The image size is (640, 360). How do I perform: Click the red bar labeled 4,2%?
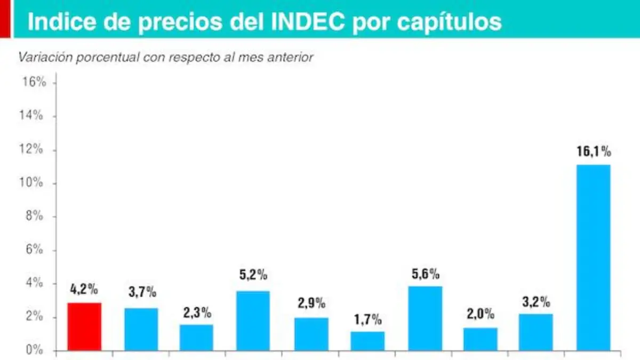(85, 326)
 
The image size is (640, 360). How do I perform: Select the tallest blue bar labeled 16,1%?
(594, 258)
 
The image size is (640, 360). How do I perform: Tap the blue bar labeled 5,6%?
(425, 318)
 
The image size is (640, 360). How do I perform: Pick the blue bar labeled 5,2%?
(253, 321)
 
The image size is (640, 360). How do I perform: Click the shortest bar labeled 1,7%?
(367, 341)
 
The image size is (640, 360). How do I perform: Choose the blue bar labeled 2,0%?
(481, 339)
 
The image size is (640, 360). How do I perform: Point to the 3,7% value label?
(142, 292)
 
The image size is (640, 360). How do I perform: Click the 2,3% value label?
(197, 313)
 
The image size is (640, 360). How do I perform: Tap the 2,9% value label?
(311, 303)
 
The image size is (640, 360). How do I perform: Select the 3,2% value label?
(536, 302)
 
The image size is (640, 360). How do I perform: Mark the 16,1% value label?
(594, 151)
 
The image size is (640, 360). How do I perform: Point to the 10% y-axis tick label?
(31, 182)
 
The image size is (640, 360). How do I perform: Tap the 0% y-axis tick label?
(34, 350)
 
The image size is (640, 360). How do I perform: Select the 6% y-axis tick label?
(34, 250)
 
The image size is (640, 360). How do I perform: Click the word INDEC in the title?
(308, 21)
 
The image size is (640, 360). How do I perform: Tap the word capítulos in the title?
(449, 22)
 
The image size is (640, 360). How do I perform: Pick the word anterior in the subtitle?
(290, 57)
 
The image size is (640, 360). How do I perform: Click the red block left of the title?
(5, 19)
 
